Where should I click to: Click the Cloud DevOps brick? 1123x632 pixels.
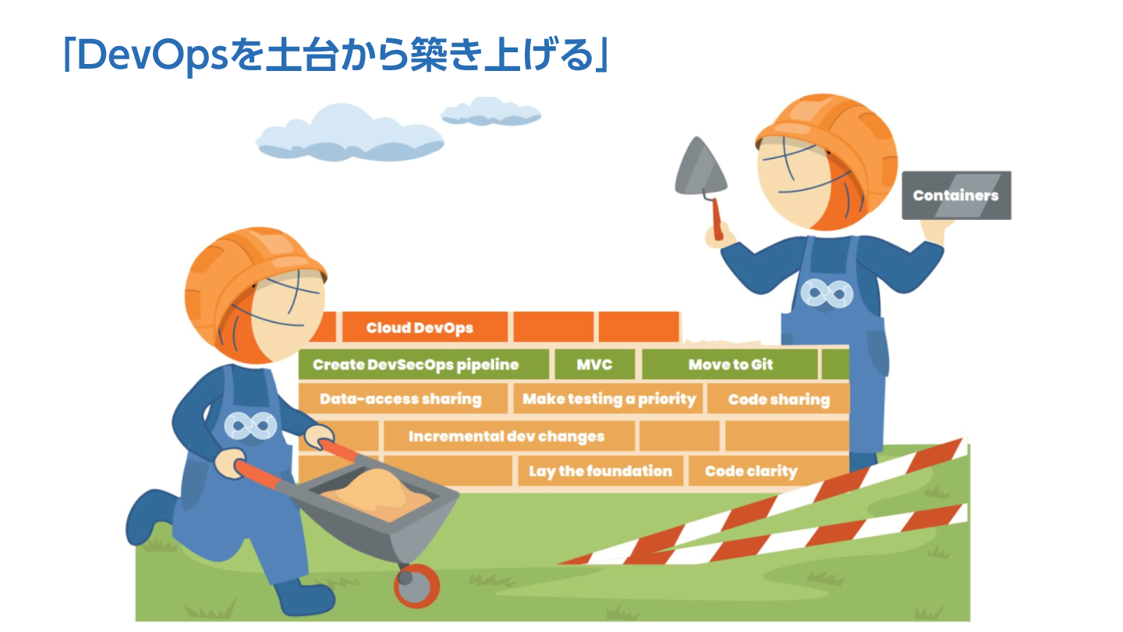tap(424, 327)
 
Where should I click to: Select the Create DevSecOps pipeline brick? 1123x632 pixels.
tap(423, 364)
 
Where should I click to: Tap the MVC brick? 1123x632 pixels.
tap(594, 364)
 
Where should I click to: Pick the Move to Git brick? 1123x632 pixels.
tap(730, 364)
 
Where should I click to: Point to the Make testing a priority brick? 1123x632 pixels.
tap(608, 399)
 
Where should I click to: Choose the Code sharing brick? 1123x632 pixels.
tap(778, 399)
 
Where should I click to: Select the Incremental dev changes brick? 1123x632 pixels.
tap(508, 436)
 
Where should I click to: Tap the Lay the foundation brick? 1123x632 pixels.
tap(600, 470)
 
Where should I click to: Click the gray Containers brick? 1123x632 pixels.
tap(956, 195)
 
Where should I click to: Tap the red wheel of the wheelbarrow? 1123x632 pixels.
tap(416, 585)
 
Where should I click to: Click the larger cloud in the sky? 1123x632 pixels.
tap(349, 133)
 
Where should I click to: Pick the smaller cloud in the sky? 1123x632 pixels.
tap(491, 112)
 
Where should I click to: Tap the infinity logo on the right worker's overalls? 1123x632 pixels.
tap(826, 294)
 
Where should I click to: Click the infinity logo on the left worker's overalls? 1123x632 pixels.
tap(250, 426)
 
